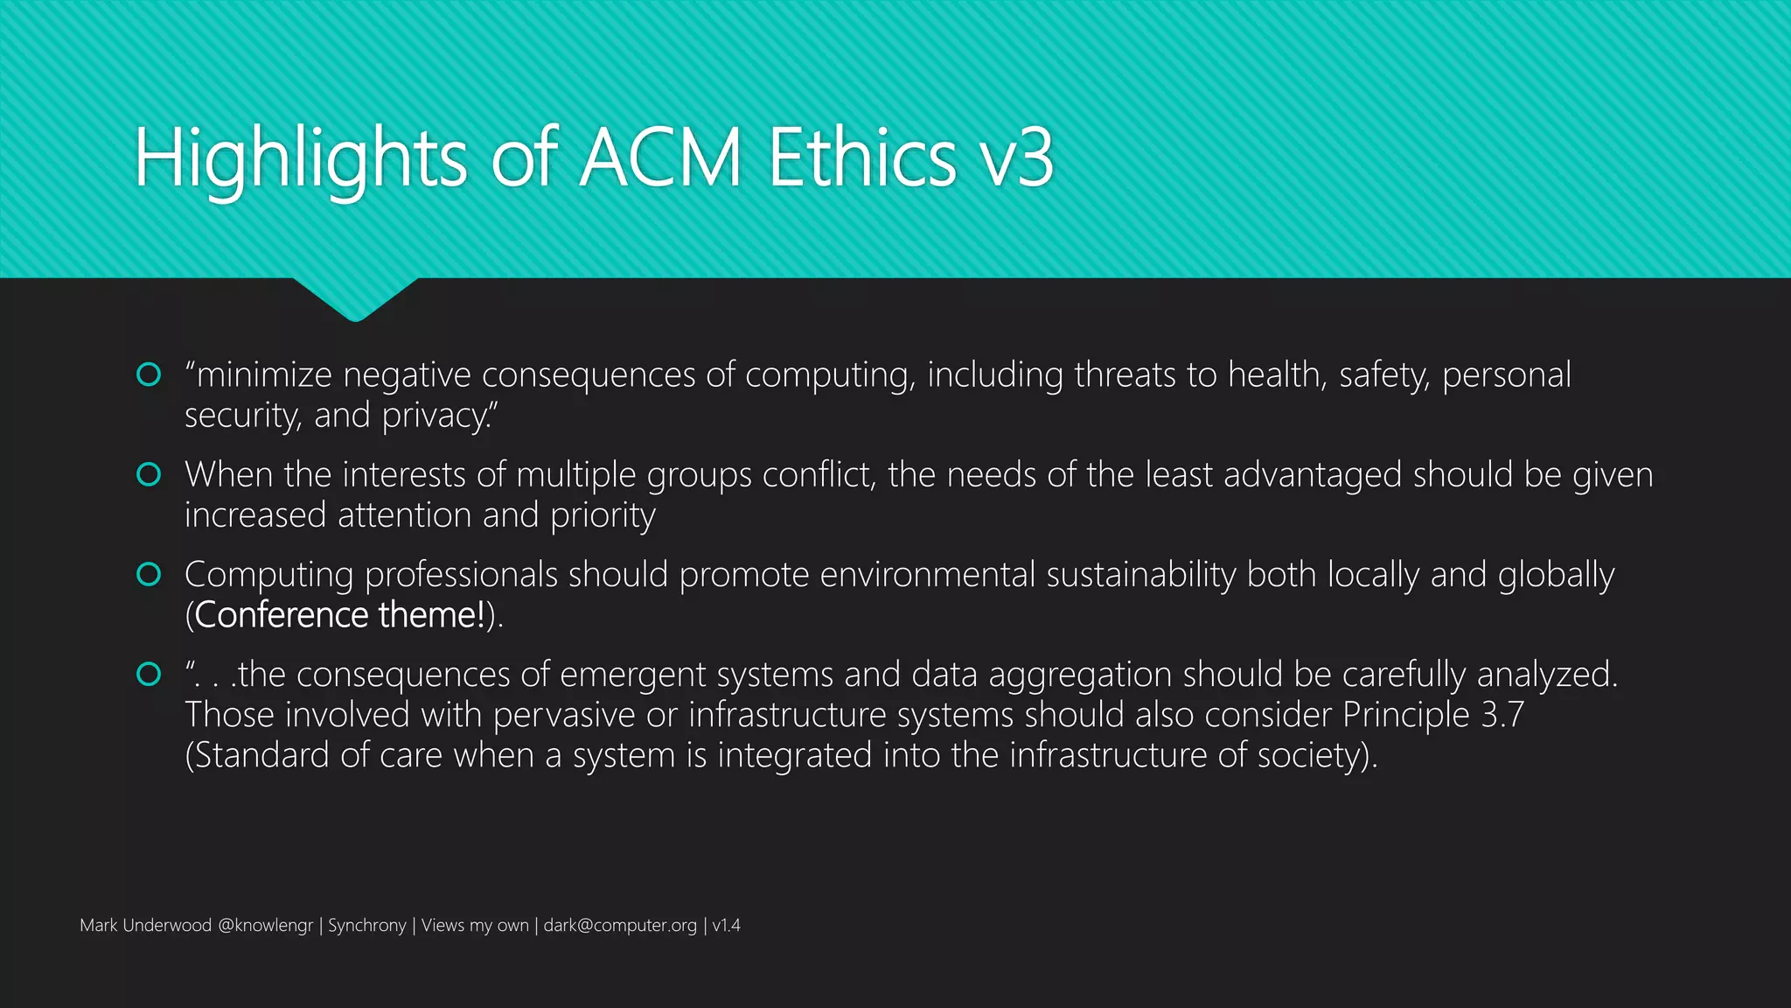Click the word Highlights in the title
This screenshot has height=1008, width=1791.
(301, 158)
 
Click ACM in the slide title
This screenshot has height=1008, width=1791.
(660, 158)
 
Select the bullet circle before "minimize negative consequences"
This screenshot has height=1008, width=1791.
(150, 374)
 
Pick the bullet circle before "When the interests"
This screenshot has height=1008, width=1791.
(150, 474)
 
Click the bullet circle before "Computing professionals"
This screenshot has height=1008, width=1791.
(150, 574)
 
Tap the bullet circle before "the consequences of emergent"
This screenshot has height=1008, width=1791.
(150, 674)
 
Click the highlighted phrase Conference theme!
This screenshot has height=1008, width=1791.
(340, 615)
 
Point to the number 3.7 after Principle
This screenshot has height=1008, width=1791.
(1502, 715)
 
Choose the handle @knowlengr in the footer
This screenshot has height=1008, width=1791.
(265, 926)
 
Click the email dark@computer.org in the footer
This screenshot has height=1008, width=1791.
(620, 926)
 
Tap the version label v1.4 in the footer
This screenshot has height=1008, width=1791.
(726, 926)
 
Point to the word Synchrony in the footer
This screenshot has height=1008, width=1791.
(367, 926)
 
